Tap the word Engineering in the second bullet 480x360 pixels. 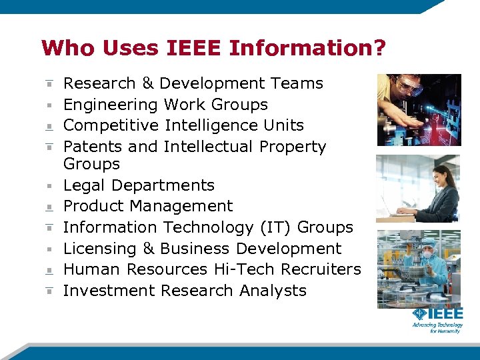coord(110,105)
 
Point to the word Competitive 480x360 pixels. coord(111,125)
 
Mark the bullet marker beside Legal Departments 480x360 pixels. coord(49,185)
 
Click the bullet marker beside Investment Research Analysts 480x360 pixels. coord(49,291)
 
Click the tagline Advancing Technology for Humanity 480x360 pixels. coord(437,327)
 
